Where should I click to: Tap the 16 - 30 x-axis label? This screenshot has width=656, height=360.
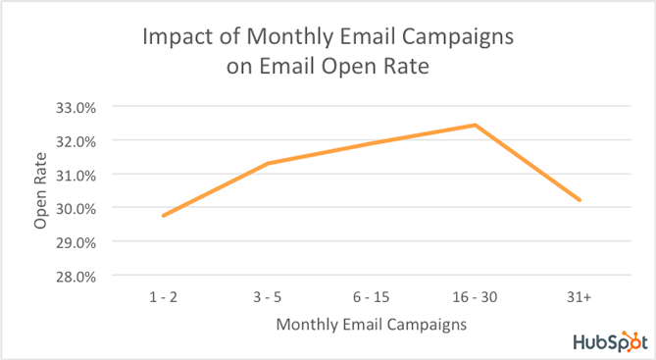click(476, 294)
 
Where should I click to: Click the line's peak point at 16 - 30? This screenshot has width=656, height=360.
click(476, 125)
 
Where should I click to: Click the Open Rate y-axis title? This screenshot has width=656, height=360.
click(40, 190)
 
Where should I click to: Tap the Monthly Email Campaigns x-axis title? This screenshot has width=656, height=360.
click(371, 323)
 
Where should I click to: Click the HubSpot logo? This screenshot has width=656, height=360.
click(608, 340)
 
